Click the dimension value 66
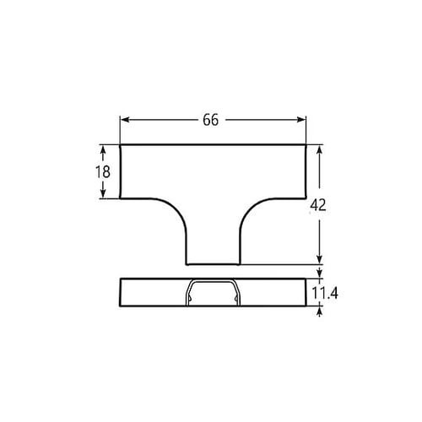[x=211, y=120]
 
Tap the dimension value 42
[x=319, y=205]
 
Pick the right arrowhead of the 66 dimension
[x=302, y=120]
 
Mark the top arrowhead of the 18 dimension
[x=103, y=149]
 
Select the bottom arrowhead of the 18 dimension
[x=103, y=195]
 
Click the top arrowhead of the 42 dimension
[x=319, y=149]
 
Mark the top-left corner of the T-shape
[x=120, y=145]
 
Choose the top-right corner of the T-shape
[x=305, y=145]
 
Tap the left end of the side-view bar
[x=121, y=292]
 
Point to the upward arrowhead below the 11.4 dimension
[x=319, y=311]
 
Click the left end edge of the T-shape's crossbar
[x=120, y=172]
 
